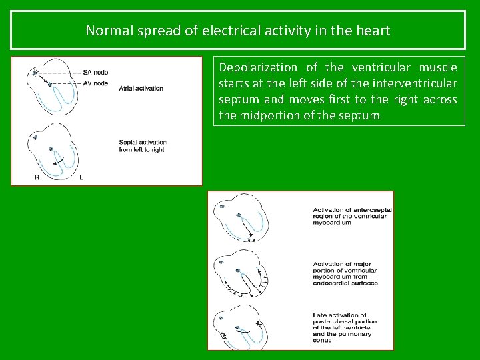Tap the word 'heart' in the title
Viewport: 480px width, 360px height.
[x=374, y=30]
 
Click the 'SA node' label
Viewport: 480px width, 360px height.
[x=95, y=72]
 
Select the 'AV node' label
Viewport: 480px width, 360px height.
[x=95, y=83]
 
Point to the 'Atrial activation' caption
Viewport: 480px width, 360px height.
[x=140, y=89]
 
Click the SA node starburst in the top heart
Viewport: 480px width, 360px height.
[x=34, y=72]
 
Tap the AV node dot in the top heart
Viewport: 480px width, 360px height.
[x=50, y=83]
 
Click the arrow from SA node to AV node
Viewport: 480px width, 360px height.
[x=42, y=77]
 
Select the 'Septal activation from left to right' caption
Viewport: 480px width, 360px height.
[x=142, y=145]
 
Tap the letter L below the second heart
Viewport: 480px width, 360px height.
[x=81, y=177]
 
